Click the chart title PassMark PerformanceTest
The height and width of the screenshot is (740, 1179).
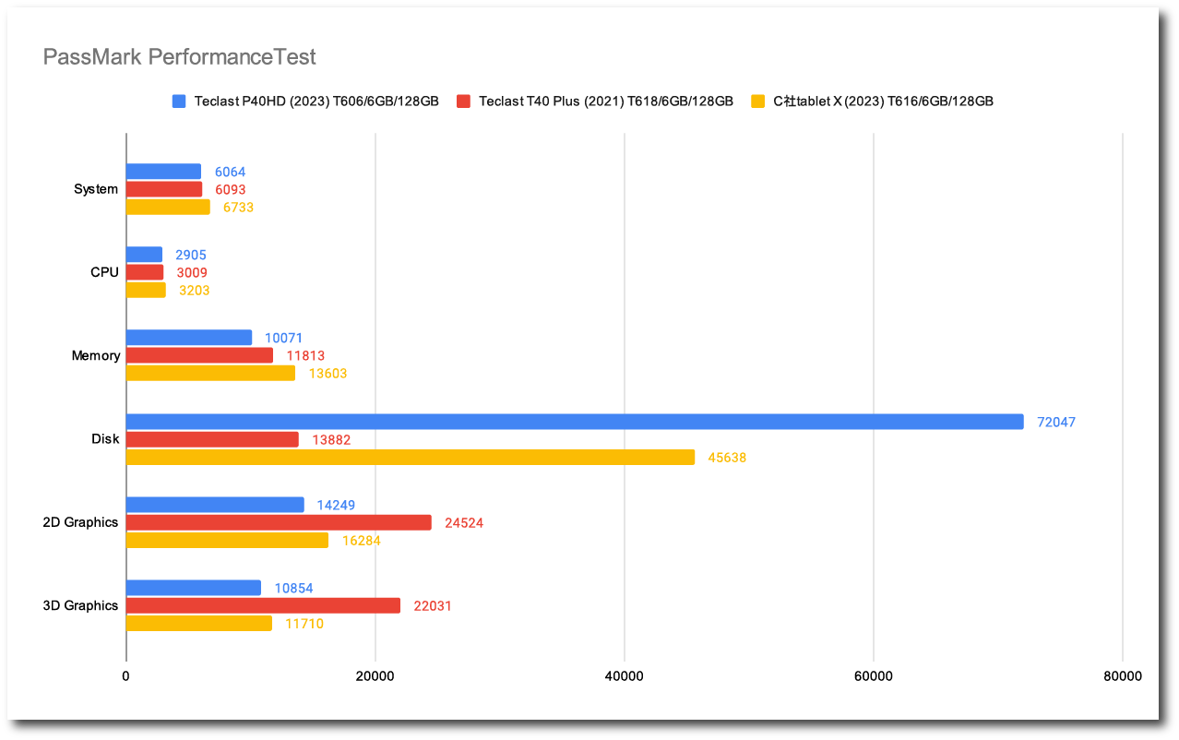[180, 57]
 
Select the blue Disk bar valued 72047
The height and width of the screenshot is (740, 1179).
[574, 422]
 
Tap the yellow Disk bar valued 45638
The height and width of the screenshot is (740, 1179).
[410, 457]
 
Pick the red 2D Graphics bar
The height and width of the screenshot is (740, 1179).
[279, 522]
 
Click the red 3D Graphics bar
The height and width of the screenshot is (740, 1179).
[263, 605]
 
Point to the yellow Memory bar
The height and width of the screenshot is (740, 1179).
[210, 373]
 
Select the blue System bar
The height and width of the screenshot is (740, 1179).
[163, 172]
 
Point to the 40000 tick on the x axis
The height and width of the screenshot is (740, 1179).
[625, 676]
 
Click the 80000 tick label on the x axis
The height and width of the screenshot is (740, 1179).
[1123, 676]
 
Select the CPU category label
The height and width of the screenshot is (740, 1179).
[104, 272]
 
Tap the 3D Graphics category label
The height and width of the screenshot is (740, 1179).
[80, 605]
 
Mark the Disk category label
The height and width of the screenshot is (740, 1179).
[105, 439]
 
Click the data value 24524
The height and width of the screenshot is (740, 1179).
[464, 523]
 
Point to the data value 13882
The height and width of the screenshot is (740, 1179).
[331, 440]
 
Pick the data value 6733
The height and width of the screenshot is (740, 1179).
[238, 208]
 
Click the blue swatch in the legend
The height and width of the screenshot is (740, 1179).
[179, 101]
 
